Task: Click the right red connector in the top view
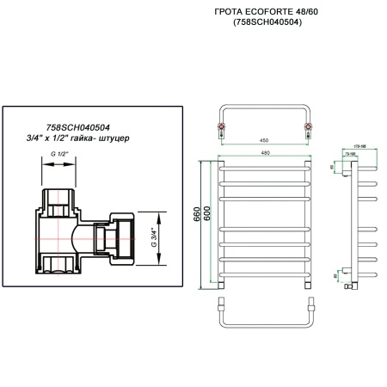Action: (307, 131)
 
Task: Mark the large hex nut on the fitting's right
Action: (121, 236)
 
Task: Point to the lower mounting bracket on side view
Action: (346, 274)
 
